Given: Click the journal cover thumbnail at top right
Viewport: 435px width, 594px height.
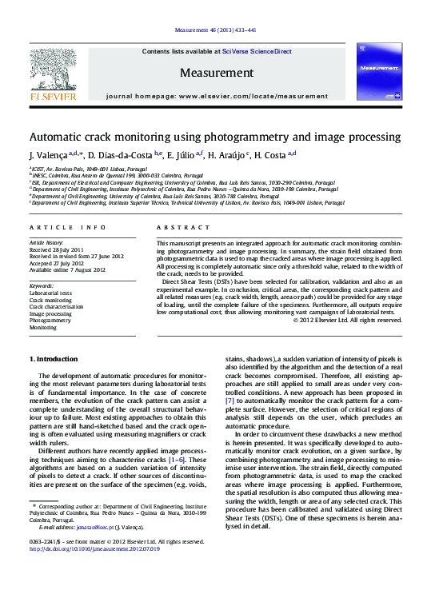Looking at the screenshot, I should tap(379, 71).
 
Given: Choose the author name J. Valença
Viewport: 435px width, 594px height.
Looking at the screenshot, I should tap(47, 154).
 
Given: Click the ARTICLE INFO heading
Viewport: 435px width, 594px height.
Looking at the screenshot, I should tap(67, 228).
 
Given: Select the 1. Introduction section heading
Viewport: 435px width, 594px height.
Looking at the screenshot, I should tap(54, 359).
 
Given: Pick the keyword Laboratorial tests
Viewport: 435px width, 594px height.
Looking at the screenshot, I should tap(51, 293).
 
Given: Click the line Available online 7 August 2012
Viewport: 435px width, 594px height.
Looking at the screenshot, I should tap(66, 270).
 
